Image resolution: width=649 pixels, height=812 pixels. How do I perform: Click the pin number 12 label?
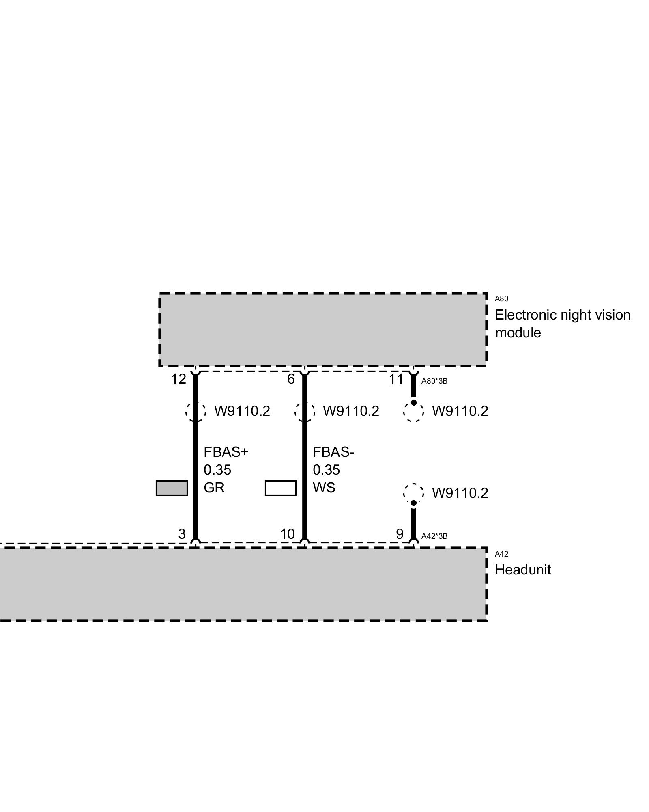tap(178, 379)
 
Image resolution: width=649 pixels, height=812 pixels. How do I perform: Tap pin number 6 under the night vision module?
tap(291, 379)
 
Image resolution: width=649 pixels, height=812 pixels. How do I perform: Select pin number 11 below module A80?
tap(396, 379)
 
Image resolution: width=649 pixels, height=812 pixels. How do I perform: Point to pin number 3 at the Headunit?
tap(182, 534)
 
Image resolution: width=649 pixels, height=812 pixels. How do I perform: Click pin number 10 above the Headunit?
tap(287, 534)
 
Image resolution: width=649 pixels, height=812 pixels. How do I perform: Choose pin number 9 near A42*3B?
tap(400, 534)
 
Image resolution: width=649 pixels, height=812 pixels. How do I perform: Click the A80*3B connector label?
tap(434, 381)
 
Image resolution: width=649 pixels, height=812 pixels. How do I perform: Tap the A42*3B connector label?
tap(434, 536)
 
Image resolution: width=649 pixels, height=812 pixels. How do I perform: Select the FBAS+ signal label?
tap(226, 452)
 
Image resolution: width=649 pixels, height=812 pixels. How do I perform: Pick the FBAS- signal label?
tap(333, 452)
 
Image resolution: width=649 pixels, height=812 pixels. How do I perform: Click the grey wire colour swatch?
tap(172, 488)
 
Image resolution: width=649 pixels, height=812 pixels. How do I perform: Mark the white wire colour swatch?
tap(281, 488)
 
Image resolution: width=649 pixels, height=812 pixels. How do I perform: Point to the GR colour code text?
tap(214, 488)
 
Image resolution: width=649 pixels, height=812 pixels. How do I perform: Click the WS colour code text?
tap(324, 488)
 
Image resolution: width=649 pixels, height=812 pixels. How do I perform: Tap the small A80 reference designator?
tap(501, 299)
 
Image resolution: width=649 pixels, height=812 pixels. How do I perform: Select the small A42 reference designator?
tap(501, 554)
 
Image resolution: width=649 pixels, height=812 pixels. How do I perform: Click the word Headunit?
tap(523, 570)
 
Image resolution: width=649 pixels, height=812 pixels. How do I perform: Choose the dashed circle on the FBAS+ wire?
tap(196, 411)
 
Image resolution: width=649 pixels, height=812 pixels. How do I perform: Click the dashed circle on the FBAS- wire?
tap(305, 411)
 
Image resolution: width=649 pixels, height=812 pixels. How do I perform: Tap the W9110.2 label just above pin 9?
tap(460, 493)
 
